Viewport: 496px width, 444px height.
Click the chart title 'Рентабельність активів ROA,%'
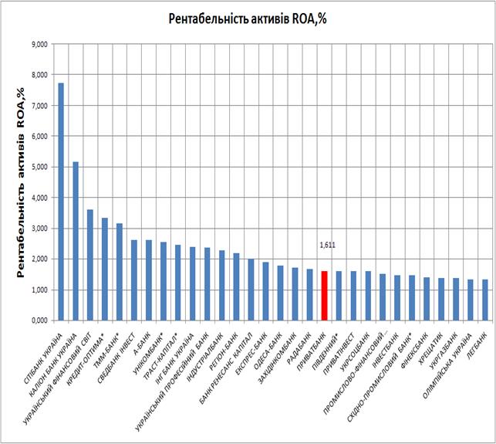click(247, 19)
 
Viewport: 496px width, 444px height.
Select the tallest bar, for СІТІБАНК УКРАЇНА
click(61, 202)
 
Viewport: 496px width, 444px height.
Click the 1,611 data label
click(327, 246)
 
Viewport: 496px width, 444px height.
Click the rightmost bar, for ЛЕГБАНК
click(485, 300)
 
